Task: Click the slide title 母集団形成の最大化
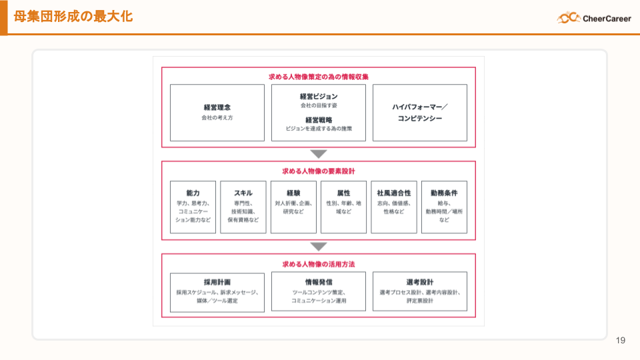pos(73,16)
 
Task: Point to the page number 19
pos(621,341)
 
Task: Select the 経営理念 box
pos(217,112)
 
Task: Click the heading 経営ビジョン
pos(319,96)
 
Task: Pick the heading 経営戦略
pos(319,119)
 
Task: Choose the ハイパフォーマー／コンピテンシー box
pos(419,112)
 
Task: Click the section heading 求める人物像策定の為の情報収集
pos(319,77)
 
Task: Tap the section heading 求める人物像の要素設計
pos(319,171)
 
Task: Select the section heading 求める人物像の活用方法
pos(319,263)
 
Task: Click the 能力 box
pos(193,207)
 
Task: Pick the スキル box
pos(243,207)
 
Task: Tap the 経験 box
pos(293,207)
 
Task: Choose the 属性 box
pos(344,207)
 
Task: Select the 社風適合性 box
pos(394,207)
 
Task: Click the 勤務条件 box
pos(444,207)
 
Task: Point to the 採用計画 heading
pos(217,281)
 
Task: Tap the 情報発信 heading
pos(319,281)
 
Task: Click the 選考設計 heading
pos(419,281)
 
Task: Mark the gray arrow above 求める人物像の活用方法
pos(319,246)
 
